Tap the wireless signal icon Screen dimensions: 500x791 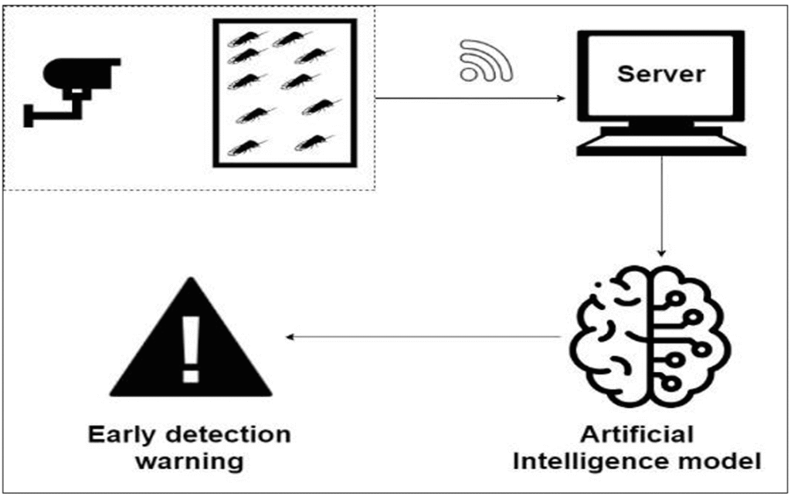[x=484, y=62]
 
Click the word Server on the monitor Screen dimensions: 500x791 [x=661, y=74]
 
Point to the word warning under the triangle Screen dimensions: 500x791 [x=190, y=462]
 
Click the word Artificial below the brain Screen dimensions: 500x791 [x=637, y=434]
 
